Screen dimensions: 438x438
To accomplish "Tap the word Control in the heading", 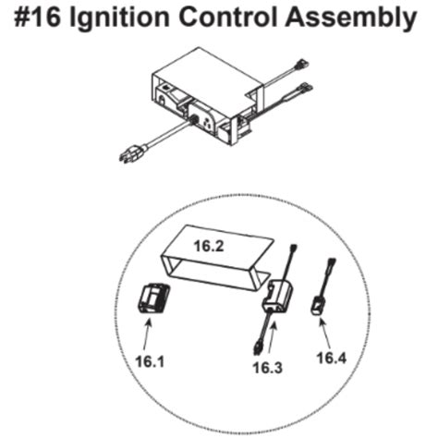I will (x=253, y=18).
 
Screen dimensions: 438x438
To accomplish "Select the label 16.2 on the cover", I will (x=209, y=247).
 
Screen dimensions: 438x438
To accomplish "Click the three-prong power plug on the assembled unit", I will (x=129, y=155).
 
